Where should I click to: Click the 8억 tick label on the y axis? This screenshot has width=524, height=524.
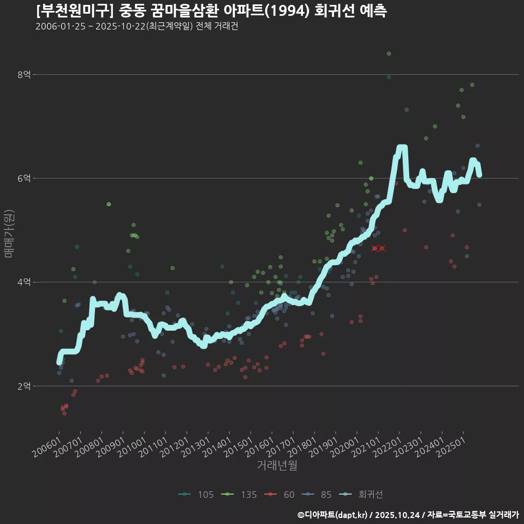pyautogui.click(x=25, y=75)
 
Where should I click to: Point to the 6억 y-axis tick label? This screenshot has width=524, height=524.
pyautogui.click(x=25, y=178)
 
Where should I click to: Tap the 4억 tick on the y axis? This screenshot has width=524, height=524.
pyautogui.click(x=25, y=282)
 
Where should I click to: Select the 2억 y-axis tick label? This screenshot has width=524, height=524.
pyautogui.click(x=25, y=386)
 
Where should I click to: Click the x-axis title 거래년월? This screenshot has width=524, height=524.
pyautogui.click(x=277, y=466)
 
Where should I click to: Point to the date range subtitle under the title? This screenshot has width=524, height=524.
pyautogui.click(x=136, y=27)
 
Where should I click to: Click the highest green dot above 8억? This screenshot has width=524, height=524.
pyautogui.click(x=389, y=53)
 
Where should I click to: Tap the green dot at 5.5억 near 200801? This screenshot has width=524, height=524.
pyautogui.click(x=109, y=204)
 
